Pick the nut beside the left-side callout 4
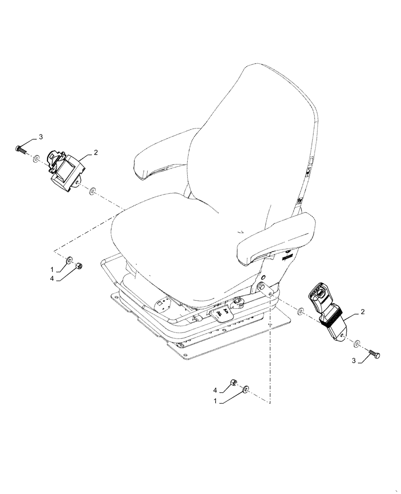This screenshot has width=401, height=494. click(x=79, y=267)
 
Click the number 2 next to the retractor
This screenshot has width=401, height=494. click(x=96, y=152)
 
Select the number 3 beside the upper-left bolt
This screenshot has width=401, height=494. click(x=41, y=136)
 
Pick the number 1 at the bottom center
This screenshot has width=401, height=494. click(x=215, y=402)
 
